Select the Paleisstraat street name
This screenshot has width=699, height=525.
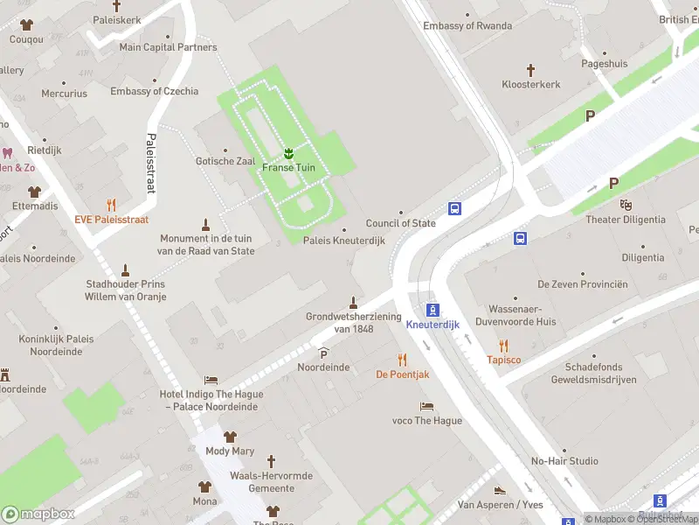[151, 162]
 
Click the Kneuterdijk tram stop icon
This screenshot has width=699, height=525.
[433, 310]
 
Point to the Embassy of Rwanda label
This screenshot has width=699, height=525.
[467, 25]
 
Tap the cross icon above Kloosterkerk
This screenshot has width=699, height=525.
[530, 69]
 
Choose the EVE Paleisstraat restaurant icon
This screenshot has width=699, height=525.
[111, 205]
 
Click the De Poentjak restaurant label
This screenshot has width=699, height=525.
[402, 374]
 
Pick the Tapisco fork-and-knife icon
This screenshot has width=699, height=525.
[503, 346]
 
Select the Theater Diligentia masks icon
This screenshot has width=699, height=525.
[625, 205]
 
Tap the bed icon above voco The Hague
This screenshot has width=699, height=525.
[426, 407]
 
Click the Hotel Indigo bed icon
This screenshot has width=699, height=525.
[211, 380]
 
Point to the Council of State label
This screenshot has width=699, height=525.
[400, 223]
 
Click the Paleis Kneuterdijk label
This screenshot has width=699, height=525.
[344, 240]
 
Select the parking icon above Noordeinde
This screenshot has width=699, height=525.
[323, 353]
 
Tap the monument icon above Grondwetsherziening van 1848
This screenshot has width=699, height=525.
[353, 303]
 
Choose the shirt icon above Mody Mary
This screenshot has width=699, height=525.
[230, 437]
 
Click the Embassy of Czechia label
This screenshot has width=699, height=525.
[154, 91]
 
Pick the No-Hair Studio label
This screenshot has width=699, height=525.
[564, 461]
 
